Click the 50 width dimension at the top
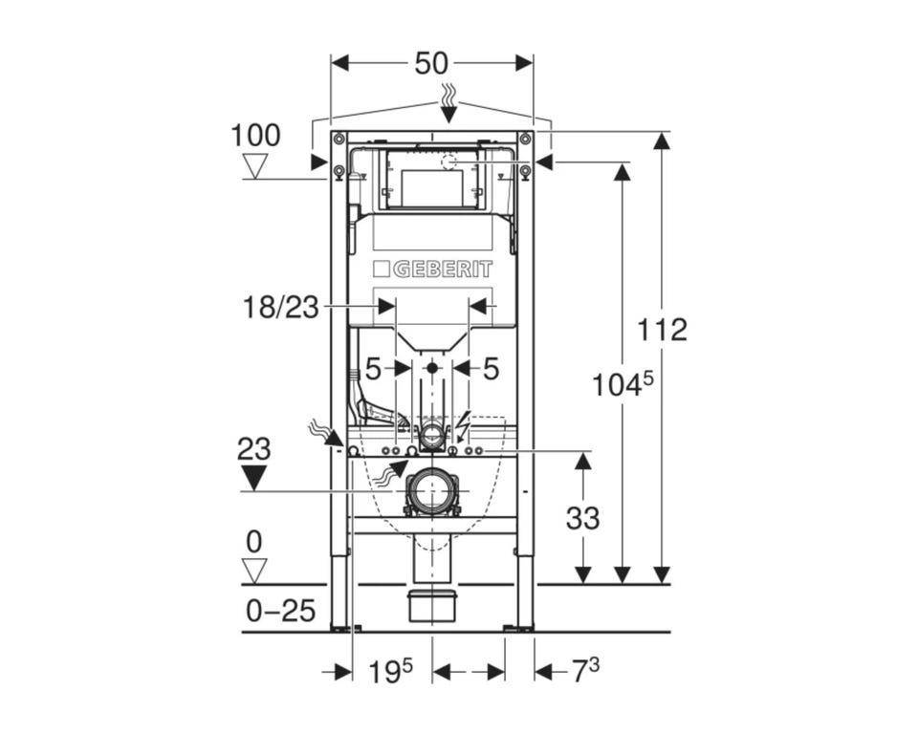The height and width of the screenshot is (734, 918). click(431, 64)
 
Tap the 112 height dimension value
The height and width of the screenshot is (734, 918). click(662, 330)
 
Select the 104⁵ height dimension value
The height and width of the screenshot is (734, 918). click(623, 384)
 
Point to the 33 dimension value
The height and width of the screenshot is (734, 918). click(582, 518)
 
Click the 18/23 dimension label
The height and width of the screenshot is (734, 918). click(281, 308)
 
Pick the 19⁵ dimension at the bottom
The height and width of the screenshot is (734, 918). click(390, 671)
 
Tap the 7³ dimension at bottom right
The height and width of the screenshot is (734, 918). click(585, 671)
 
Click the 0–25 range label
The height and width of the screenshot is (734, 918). click(281, 611)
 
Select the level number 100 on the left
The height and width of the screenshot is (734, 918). click(256, 136)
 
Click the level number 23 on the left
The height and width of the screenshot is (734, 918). click(254, 449)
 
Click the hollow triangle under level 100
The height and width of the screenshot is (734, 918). click(255, 166)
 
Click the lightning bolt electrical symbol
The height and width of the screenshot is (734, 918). click(465, 426)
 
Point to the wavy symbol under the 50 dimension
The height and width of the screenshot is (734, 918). click(448, 95)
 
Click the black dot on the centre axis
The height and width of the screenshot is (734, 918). click(432, 368)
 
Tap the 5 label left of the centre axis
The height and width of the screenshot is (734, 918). click(374, 369)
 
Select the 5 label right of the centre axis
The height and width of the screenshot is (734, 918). click(491, 369)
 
